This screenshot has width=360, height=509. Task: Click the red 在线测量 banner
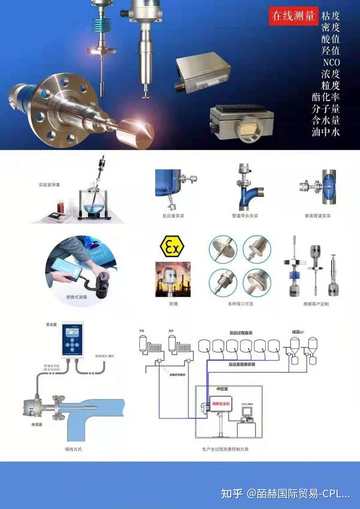coord(293,16)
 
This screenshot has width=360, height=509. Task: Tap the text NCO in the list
coord(331,62)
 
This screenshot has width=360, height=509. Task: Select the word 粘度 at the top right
coord(331,16)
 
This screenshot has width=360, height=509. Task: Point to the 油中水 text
coord(331,131)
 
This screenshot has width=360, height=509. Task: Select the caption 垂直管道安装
coord(318,214)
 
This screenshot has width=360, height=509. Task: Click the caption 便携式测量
coord(77,297)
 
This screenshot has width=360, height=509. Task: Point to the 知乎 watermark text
coord(232,493)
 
